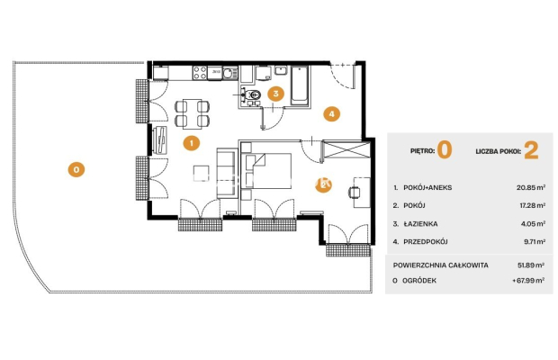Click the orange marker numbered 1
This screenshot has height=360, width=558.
192,143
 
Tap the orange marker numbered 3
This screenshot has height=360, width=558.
275,94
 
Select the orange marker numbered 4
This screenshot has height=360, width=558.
332,114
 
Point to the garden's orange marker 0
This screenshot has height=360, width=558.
76,170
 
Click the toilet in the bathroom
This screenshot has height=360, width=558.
252,95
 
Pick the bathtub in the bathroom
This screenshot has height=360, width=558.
300,85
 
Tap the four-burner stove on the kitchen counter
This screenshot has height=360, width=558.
200,73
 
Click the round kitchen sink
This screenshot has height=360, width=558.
230,74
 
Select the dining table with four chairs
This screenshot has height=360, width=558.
193,113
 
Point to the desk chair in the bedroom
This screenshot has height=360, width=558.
354,192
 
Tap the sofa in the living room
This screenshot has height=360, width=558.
227,173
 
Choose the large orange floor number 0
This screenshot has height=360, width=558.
445,149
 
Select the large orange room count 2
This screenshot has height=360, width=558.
531,150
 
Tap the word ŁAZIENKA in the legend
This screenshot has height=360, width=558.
420,224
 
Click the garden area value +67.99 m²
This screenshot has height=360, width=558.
528,280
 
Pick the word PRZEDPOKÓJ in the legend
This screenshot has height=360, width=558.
426,242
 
